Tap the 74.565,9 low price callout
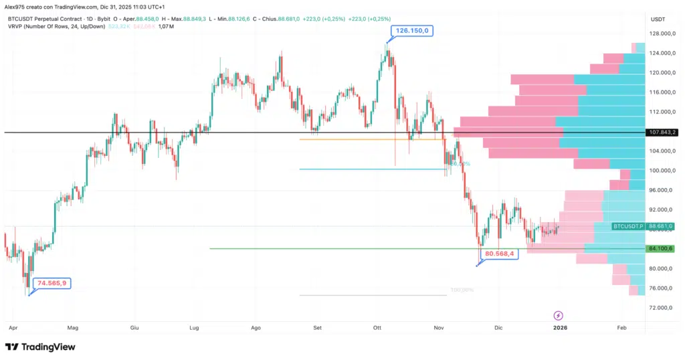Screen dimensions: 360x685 point(52,283)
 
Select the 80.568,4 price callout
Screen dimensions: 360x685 point(500,254)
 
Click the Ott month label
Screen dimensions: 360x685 point(377,328)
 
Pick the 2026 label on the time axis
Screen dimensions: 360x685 point(560,328)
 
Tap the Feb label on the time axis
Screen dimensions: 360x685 point(621,328)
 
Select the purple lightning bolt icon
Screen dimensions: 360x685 point(559,315)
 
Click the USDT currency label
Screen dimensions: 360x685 point(658,20)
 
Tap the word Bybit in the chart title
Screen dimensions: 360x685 point(101,19)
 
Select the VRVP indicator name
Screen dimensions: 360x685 point(15,27)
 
